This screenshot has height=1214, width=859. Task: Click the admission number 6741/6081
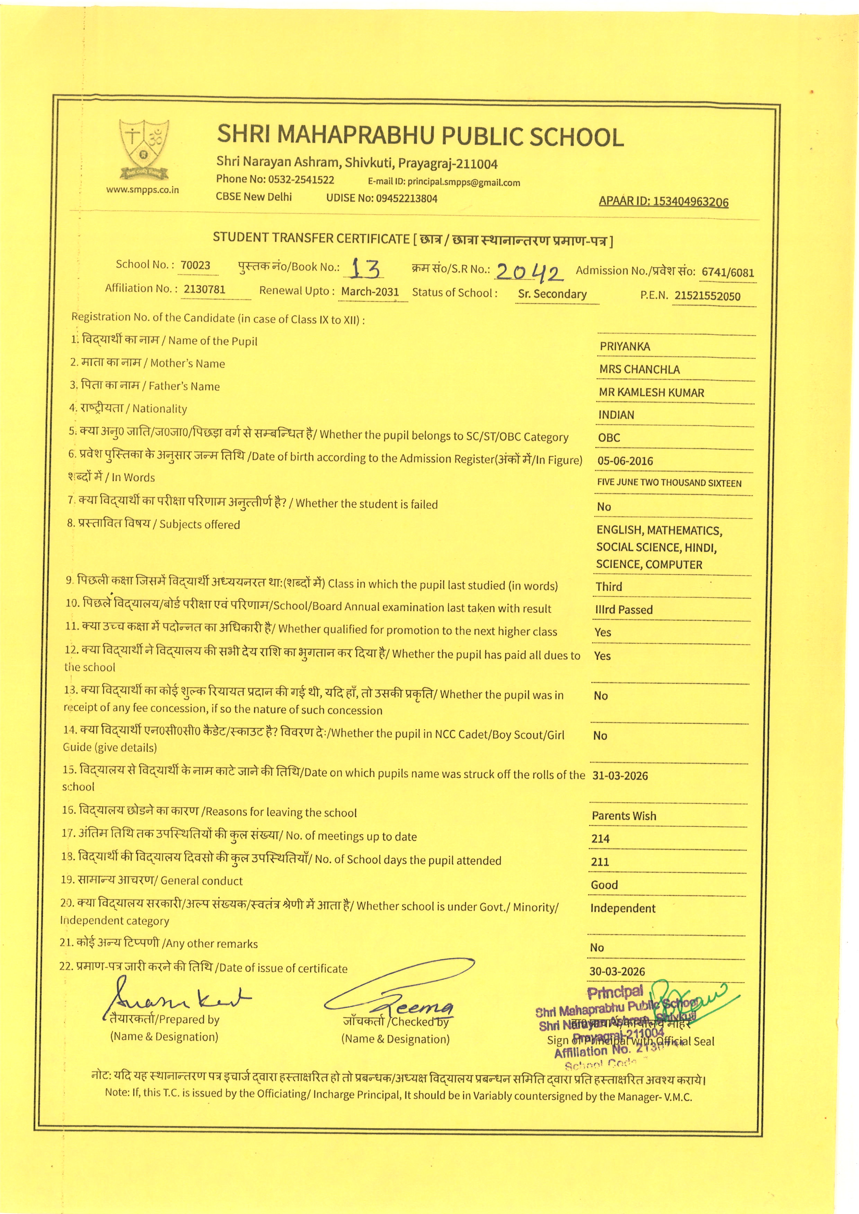(727, 272)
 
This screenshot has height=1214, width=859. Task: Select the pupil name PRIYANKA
(625, 347)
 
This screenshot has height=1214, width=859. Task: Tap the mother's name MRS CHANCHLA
(639, 370)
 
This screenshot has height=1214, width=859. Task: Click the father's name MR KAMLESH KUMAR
(651, 393)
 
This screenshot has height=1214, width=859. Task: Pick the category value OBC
(609, 438)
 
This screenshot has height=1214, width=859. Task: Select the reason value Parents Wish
(623, 816)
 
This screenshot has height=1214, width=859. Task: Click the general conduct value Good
(604, 884)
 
